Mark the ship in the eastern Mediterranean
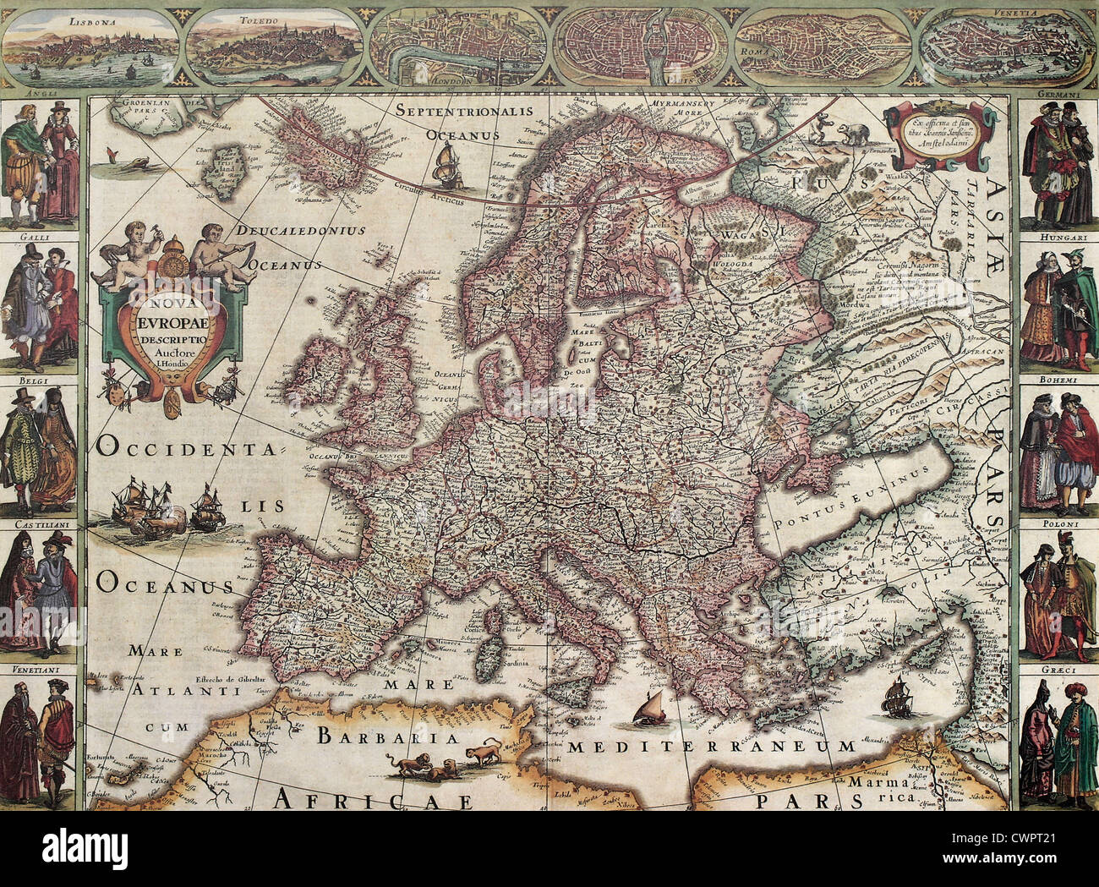coord(896,698)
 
